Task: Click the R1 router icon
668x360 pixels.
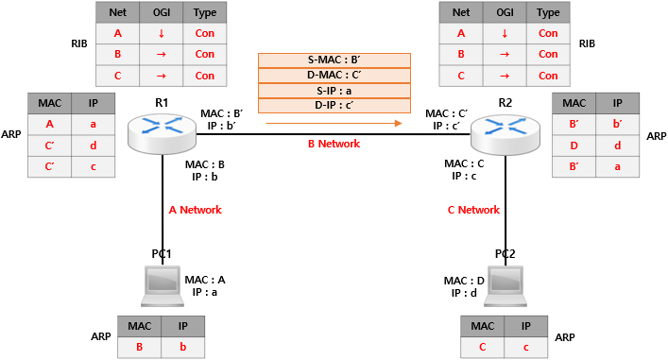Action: click(x=162, y=133)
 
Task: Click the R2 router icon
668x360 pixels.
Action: click(x=505, y=133)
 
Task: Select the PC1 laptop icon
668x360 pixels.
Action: click(x=163, y=286)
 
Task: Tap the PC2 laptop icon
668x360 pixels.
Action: click(x=505, y=286)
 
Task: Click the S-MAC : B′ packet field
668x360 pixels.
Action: click(x=334, y=60)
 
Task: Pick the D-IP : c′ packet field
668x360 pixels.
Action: click(x=334, y=105)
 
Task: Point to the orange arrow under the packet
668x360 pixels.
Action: click(x=334, y=123)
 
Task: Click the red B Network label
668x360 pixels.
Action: click(x=334, y=144)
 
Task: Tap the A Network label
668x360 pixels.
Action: click(x=196, y=210)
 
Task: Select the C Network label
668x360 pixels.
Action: click(x=473, y=210)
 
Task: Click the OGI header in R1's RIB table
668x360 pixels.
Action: click(x=162, y=12)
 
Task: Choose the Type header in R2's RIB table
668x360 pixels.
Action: click(x=548, y=12)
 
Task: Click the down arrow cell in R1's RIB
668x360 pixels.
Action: click(x=162, y=33)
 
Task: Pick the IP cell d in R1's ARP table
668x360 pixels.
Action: click(x=94, y=146)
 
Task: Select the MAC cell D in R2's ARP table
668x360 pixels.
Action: click(x=574, y=146)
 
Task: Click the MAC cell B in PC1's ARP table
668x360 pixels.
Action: click(x=139, y=347)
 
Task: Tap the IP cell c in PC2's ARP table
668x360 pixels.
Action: click(x=526, y=347)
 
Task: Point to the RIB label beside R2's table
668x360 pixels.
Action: click(x=587, y=43)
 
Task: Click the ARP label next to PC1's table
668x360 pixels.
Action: click(x=101, y=336)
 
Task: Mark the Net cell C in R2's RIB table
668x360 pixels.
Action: click(x=461, y=76)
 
